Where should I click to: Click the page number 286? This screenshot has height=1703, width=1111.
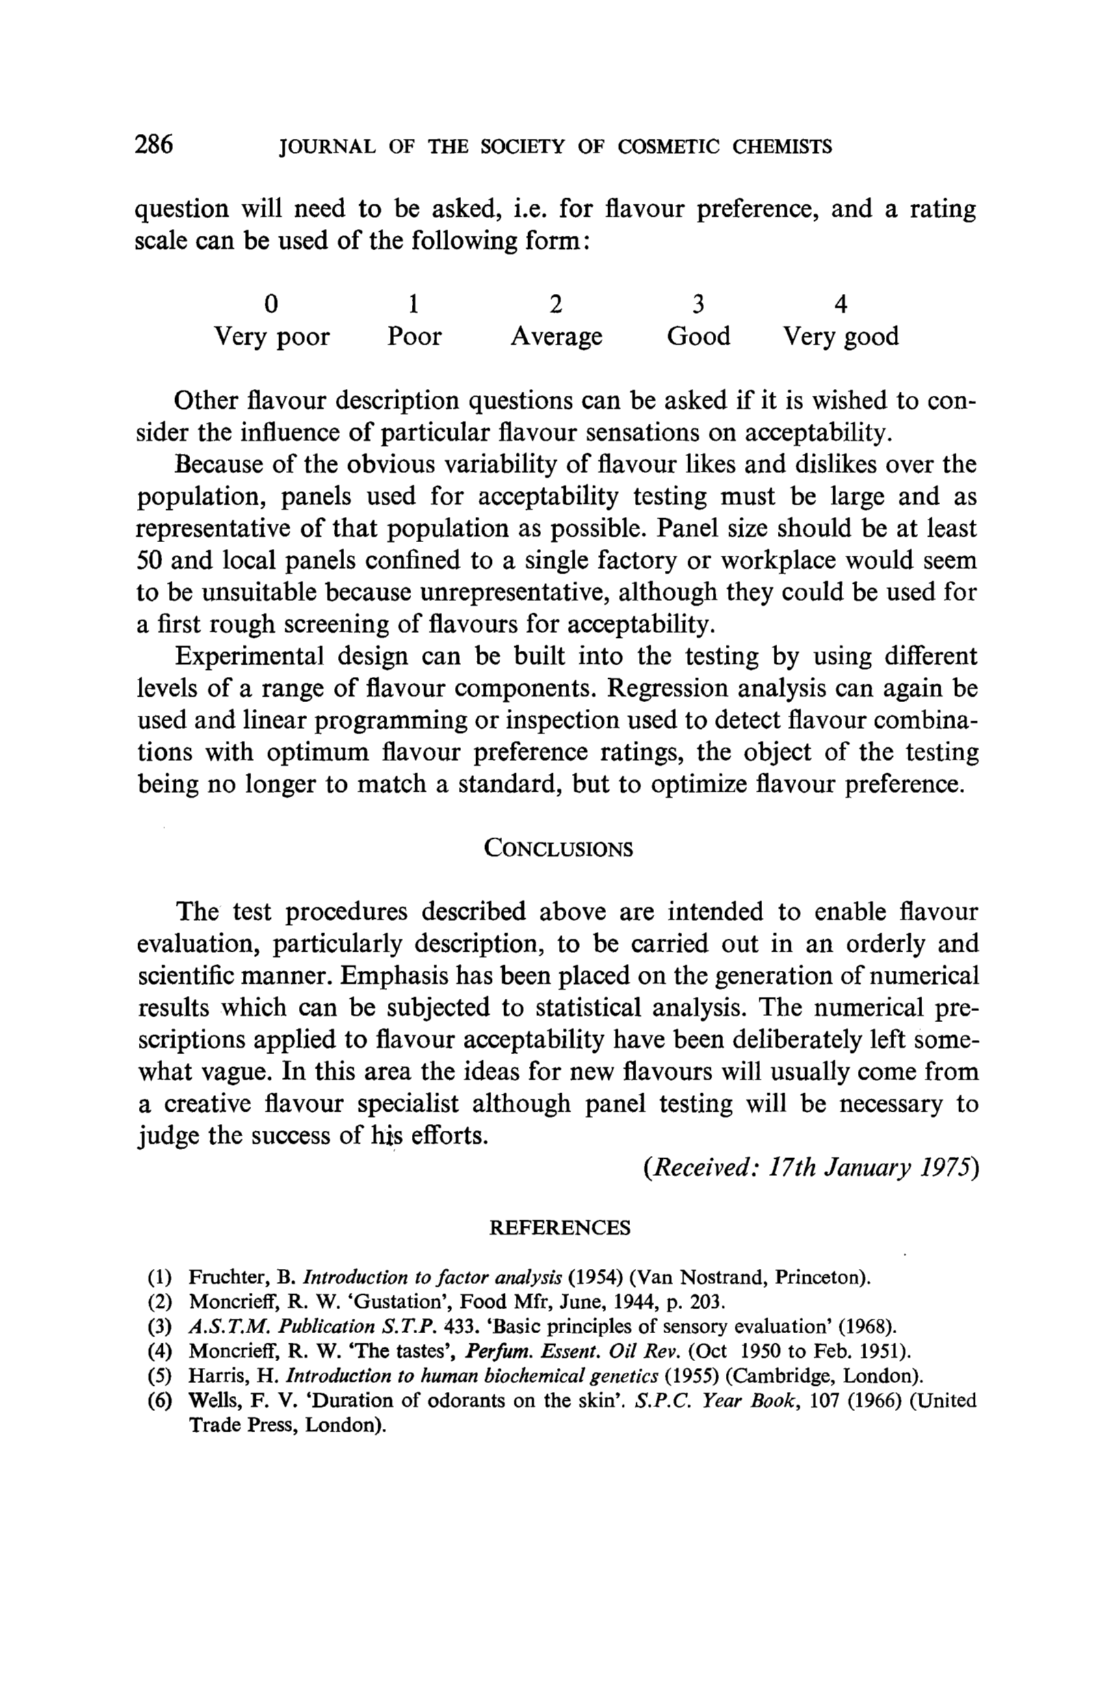point(154,145)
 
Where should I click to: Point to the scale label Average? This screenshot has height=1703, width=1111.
point(556,336)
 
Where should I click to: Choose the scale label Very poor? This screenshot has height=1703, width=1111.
point(272,336)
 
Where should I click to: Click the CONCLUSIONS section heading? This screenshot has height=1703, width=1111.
point(558,848)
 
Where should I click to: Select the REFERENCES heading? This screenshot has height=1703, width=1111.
point(559,1228)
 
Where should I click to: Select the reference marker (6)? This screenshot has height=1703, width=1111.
point(159,1400)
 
